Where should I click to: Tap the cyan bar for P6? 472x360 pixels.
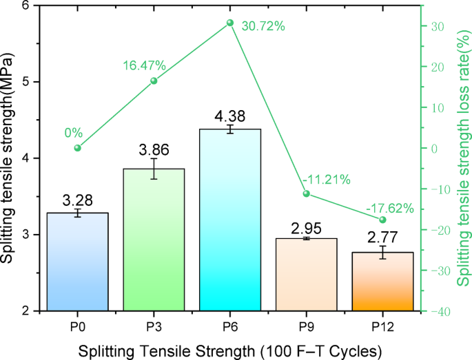coord(230,220)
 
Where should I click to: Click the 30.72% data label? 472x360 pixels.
coord(261,26)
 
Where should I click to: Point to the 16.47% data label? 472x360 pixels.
coord(145,66)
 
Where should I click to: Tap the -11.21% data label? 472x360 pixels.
coord(327,180)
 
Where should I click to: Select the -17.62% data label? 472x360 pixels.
coord(389,207)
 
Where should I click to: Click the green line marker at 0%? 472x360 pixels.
coord(78,148)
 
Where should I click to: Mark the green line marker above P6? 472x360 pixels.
coord(230,23)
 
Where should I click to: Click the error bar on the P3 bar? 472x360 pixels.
coord(154,169)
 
